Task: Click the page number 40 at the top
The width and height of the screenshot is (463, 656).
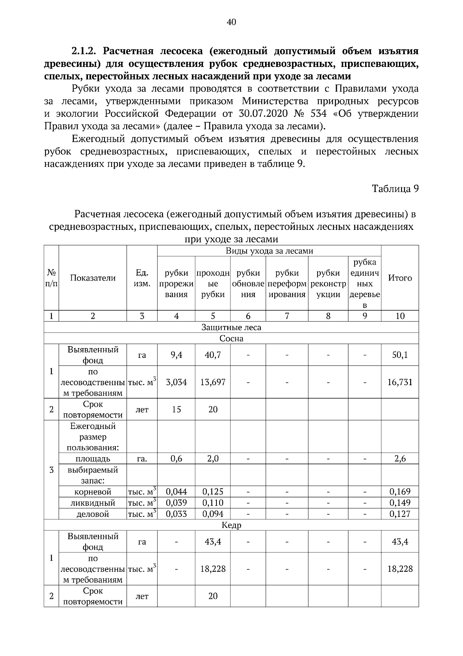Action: (x=231, y=22)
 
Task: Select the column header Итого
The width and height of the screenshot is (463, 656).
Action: (x=400, y=278)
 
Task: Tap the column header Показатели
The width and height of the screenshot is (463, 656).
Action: (x=93, y=278)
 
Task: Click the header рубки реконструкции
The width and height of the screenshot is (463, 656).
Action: (x=328, y=284)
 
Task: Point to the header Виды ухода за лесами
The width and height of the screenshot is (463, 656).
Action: (x=269, y=251)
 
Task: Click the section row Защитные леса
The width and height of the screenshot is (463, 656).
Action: (x=231, y=327)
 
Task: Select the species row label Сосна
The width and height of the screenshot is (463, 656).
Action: (x=231, y=338)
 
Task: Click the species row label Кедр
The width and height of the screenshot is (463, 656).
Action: (x=231, y=525)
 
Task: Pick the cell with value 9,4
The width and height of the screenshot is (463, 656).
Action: (x=176, y=355)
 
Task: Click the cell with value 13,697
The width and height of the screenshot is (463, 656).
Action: (x=213, y=382)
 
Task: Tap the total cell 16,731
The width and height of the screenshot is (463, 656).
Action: (x=400, y=382)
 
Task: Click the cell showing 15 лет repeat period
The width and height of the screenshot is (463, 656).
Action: (x=176, y=409)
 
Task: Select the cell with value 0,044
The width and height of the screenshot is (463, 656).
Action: (x=176, y=491)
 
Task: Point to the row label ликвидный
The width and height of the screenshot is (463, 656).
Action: (x=93, y=503)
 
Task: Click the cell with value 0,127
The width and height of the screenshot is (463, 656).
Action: (x=400, y=514)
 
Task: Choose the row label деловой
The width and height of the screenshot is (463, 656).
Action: (x=93, y=514)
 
